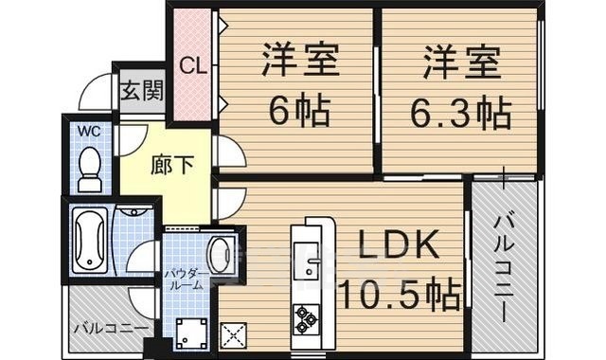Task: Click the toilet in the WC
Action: [x=90, y=168]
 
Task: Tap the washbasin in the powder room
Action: [x=222, y=253]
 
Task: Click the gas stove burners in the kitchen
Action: [x=306, y=317]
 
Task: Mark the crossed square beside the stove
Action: [x=233, y=333]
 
